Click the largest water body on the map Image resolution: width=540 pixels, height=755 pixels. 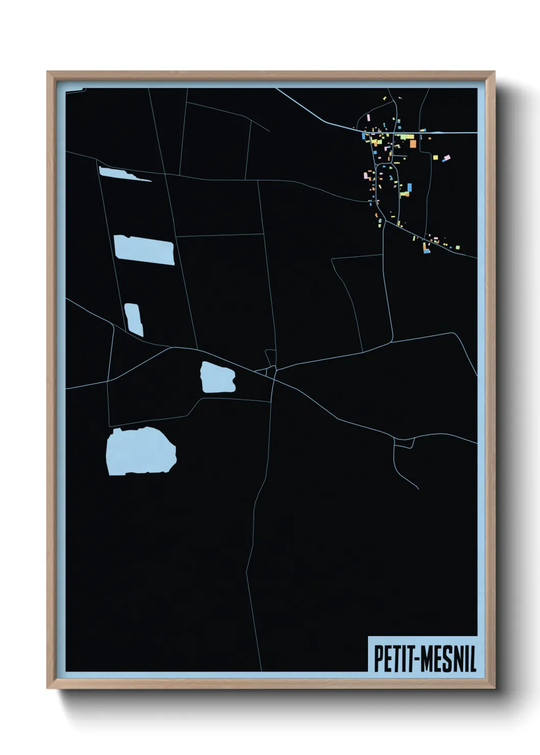[140, 451]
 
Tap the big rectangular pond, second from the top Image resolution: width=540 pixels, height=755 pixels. [144, 250]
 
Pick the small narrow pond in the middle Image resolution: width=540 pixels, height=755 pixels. [133, 319]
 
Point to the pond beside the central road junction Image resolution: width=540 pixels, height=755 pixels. [218, 377]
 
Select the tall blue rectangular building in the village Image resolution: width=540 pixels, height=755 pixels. [409, 187]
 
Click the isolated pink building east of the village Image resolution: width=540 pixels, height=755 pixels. [448, 157]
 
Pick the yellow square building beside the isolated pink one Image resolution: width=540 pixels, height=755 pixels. [435, 158]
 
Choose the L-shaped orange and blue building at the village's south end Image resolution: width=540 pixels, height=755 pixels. [426, 248]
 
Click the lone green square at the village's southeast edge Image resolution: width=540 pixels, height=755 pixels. [458, 247]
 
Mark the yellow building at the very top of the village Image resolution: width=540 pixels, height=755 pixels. [384, 98]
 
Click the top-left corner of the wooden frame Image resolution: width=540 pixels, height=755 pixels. [47, 72]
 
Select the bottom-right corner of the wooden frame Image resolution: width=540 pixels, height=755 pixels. [494, 688]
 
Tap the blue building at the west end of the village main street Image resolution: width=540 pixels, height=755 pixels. [363, 136]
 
